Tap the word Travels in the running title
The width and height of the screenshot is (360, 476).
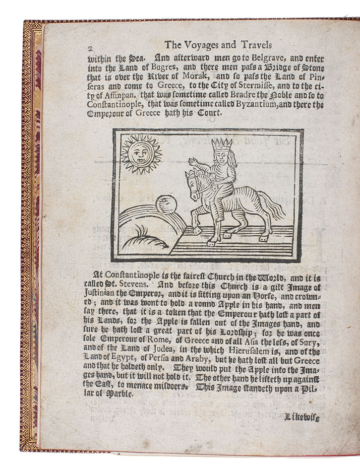pos(259,44)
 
